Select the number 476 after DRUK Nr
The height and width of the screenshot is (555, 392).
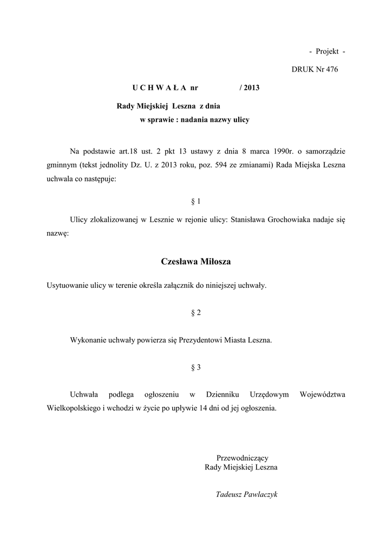(x=331, y=69)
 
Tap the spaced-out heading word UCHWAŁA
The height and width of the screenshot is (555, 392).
(x=159, y=88)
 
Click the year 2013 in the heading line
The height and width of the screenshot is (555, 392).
(x=252, y=88)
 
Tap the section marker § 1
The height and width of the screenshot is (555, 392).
(x=196, y=202)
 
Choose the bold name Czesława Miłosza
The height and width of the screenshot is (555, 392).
(x=196, y=262)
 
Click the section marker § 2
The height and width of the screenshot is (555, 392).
(x=196, y=313)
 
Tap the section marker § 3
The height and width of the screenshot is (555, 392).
(x=196, y=367)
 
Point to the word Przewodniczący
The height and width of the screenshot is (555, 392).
(x=242, y=458)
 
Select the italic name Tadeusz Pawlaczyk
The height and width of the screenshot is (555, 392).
(x=246, y=494)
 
